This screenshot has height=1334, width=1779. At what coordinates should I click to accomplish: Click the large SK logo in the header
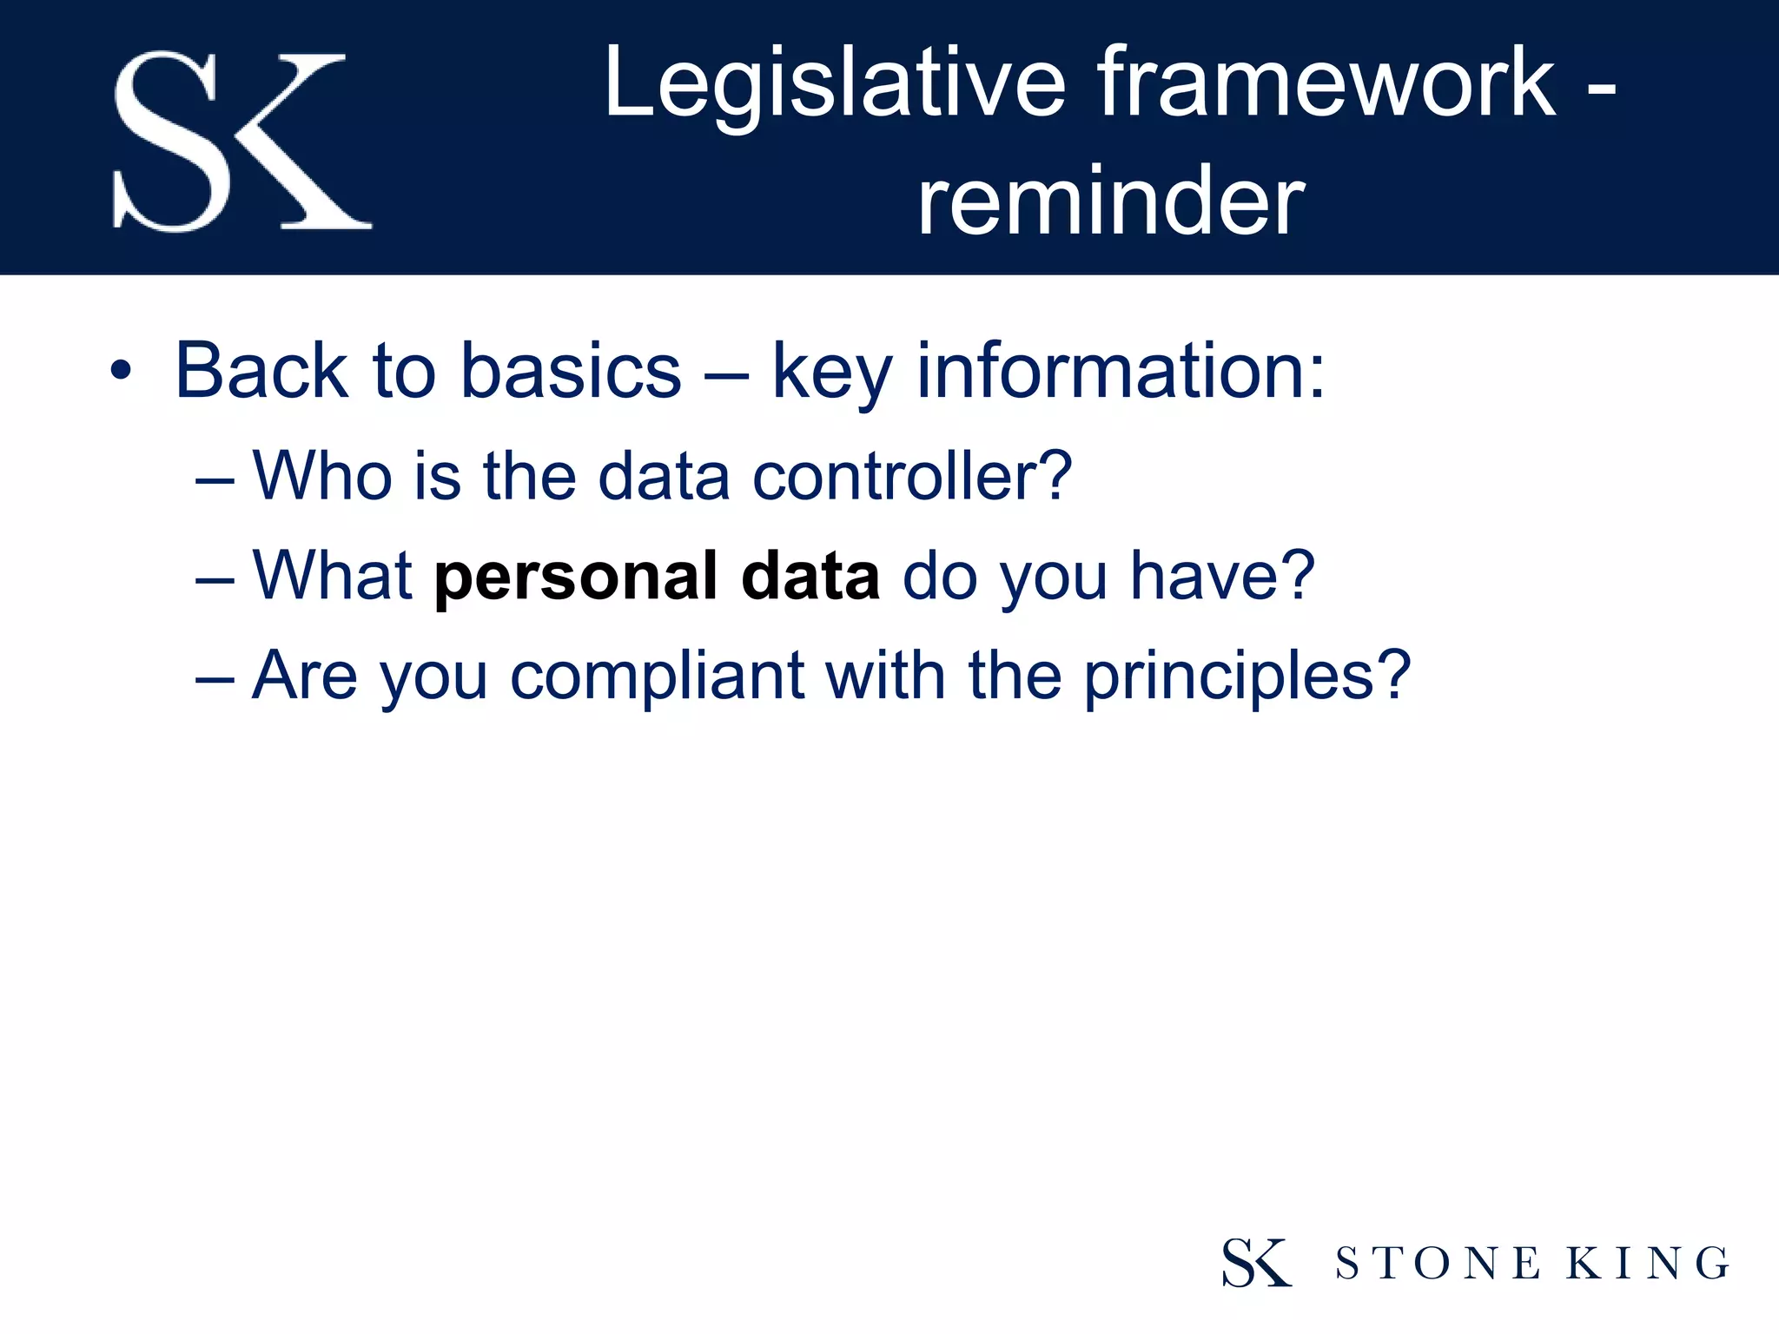point(241,142)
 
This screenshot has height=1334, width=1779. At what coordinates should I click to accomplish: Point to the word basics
point(570,372)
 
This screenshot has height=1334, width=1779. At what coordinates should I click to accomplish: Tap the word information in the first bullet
point(1121,372)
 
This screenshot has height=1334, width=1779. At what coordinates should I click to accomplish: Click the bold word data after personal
point(810,577)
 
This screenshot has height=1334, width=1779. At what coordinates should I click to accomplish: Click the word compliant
point(657,677)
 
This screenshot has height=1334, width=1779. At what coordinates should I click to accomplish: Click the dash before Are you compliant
point(215,678)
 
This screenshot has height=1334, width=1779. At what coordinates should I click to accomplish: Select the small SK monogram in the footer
point(1256,1263)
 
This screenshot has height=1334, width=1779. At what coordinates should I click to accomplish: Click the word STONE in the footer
point(1438,1264)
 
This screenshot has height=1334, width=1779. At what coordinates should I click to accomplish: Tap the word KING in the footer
point(1648,1264)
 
